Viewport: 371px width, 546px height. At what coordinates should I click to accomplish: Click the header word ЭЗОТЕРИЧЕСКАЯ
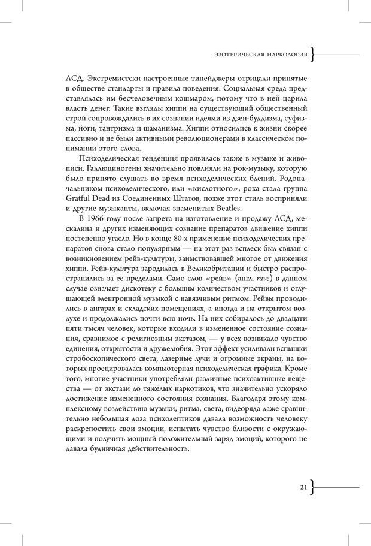click(x=236, y=56)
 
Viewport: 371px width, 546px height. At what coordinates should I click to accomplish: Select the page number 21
click(x=304, y=487)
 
